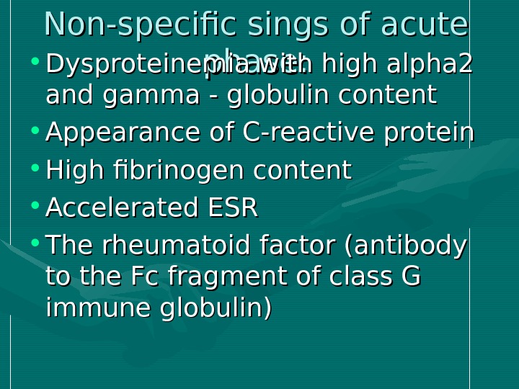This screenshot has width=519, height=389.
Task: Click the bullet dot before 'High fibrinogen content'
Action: [x=35, y=169]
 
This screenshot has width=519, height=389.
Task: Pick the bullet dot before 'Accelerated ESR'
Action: [x=35, y=207]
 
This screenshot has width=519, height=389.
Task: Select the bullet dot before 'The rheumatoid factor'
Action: [x=35, y=245]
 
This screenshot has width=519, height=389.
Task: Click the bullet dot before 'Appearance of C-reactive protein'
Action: [x=35, y=131]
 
